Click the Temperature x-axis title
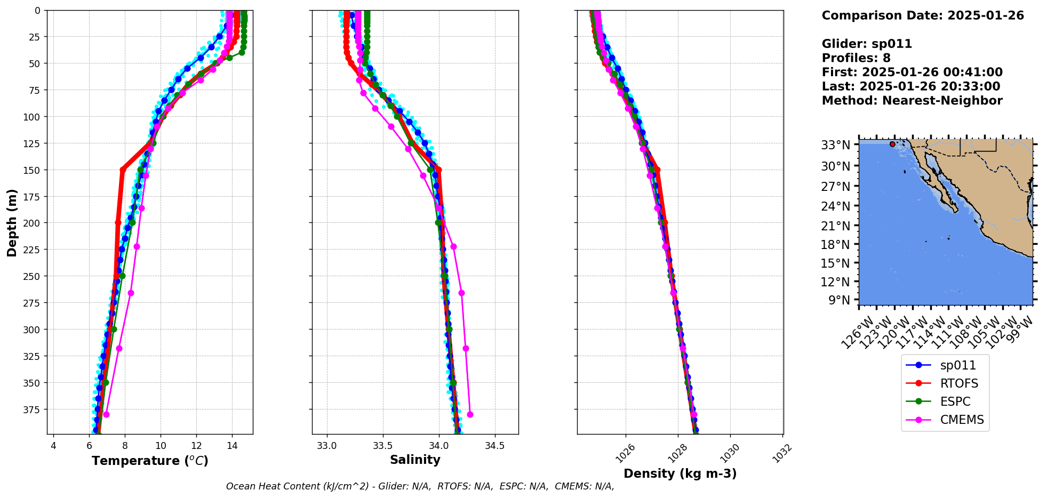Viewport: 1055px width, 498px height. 150,461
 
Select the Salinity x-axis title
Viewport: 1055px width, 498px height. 415,460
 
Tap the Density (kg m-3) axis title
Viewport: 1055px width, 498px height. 680,473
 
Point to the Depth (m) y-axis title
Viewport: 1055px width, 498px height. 12,222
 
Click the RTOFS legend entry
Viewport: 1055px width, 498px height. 958,383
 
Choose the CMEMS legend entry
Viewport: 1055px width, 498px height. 961,420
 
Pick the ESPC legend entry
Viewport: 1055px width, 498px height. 955,401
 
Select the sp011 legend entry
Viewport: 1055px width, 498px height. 957,365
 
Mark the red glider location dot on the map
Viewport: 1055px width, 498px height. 892,144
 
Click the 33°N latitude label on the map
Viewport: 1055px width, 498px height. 835,145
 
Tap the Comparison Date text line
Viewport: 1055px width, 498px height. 923,15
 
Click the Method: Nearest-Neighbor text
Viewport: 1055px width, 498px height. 912,101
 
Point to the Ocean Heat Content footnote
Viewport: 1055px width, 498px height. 420,486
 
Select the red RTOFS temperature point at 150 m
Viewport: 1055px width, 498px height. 123,170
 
